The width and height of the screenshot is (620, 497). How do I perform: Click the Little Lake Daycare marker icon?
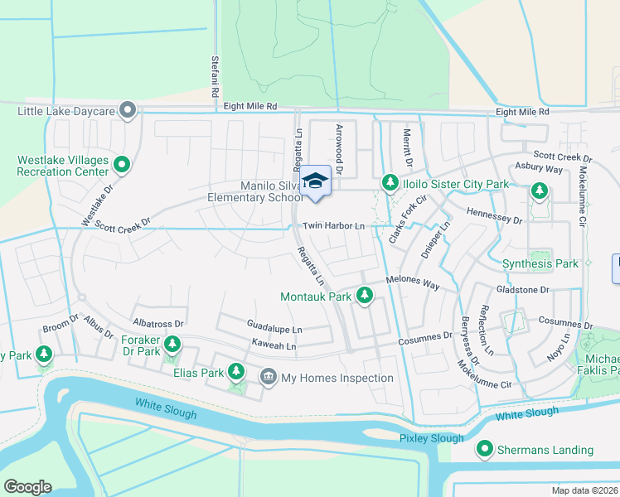click(128, 110)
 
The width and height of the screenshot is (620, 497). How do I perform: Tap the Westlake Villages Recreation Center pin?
click(122, 165)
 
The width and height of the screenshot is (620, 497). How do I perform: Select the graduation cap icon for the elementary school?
click(315, 181)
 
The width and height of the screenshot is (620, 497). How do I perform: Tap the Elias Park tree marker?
click(236, 373)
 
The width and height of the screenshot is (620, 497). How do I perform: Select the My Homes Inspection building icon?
click(269, 378)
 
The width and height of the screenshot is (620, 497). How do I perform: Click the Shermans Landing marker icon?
click(484, 450)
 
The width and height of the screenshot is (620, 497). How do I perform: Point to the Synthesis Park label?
click(540, 264)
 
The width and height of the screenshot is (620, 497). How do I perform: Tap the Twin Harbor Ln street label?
click(333, 226)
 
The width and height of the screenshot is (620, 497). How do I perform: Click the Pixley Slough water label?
click(431, 437)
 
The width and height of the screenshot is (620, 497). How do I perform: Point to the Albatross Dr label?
click(157, 321)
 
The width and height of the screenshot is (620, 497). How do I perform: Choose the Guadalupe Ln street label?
click(274, 329)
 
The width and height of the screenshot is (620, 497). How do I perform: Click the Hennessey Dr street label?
click(495, 220)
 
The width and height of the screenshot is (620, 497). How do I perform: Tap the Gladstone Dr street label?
click(522, 290)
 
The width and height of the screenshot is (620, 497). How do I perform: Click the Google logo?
click(27, 486)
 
